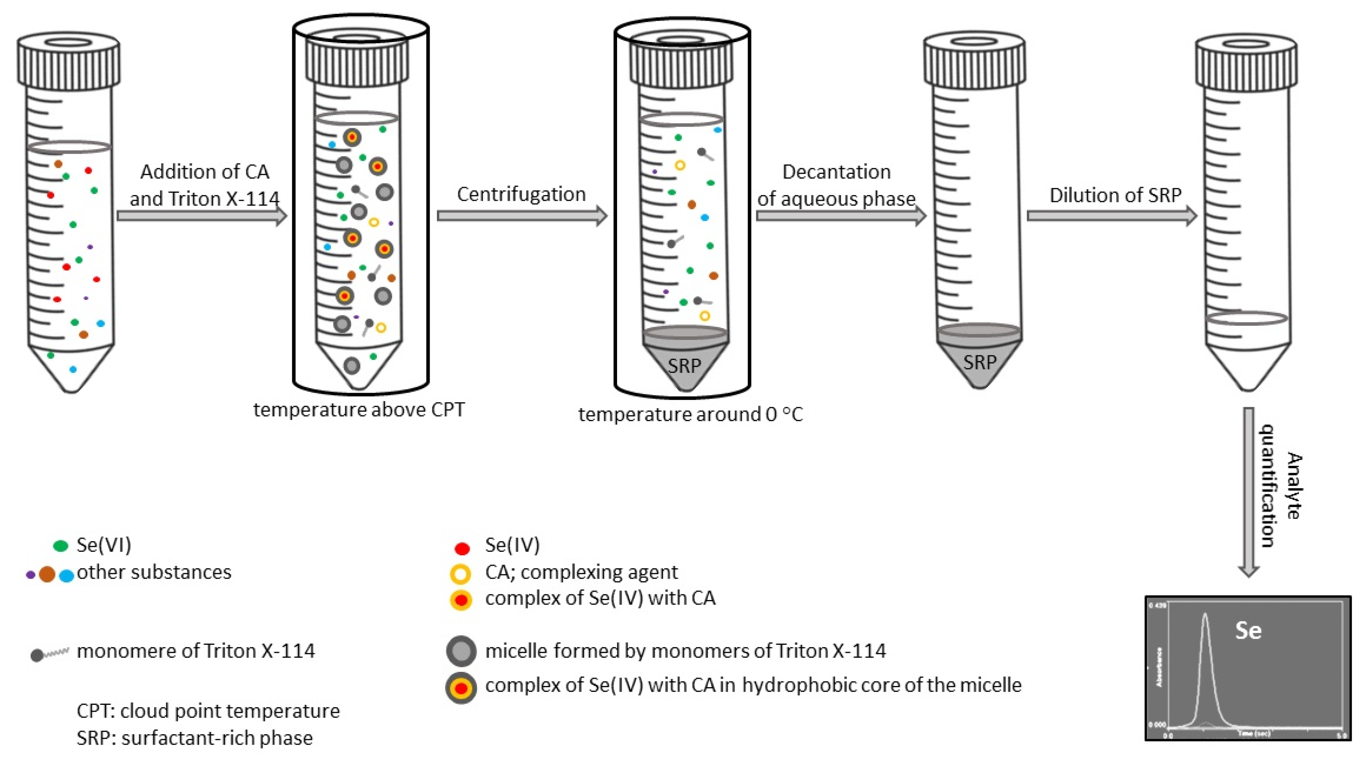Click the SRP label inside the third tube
coord(684,366)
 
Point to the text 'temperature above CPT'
coord(359,410)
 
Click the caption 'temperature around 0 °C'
coord(690,414)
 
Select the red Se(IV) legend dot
coord(462,548)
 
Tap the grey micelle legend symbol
coord(461,651)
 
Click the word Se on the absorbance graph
coord(1248,630)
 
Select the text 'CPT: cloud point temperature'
coord(208,711)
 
